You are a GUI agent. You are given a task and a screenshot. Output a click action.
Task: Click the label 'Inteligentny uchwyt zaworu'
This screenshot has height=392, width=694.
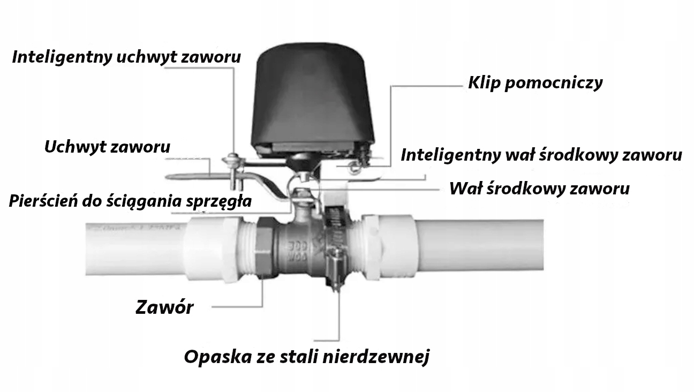(126, 57)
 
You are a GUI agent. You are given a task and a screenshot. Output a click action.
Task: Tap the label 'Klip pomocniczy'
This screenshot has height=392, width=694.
(535, 82)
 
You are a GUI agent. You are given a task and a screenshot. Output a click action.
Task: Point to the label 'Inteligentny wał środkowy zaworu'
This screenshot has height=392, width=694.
(541, 155)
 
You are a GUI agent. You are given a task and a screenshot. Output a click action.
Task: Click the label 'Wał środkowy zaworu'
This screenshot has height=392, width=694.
(539, 189)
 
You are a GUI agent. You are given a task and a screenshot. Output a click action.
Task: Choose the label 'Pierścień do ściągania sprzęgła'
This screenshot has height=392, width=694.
(130, 201)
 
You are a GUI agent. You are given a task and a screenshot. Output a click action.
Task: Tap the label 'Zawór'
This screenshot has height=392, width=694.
(164, 307)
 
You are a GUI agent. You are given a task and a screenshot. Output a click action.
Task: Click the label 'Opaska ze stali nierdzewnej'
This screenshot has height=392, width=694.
(306, 357)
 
